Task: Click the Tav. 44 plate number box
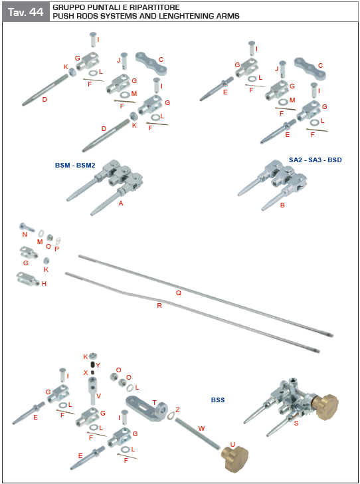[26, 11]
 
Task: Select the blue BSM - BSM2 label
[75, 165]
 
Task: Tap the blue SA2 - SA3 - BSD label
[315, 160]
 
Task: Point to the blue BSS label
[219, 400]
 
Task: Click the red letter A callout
[121, 203]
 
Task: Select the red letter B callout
[282, 205]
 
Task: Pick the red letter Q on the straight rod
[178, 293]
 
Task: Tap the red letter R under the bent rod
[159, 306]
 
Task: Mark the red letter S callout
[296, 423]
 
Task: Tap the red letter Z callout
[177, 410]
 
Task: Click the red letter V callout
[98, 396]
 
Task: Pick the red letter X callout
[86, 372]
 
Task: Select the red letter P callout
[56, 249]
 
